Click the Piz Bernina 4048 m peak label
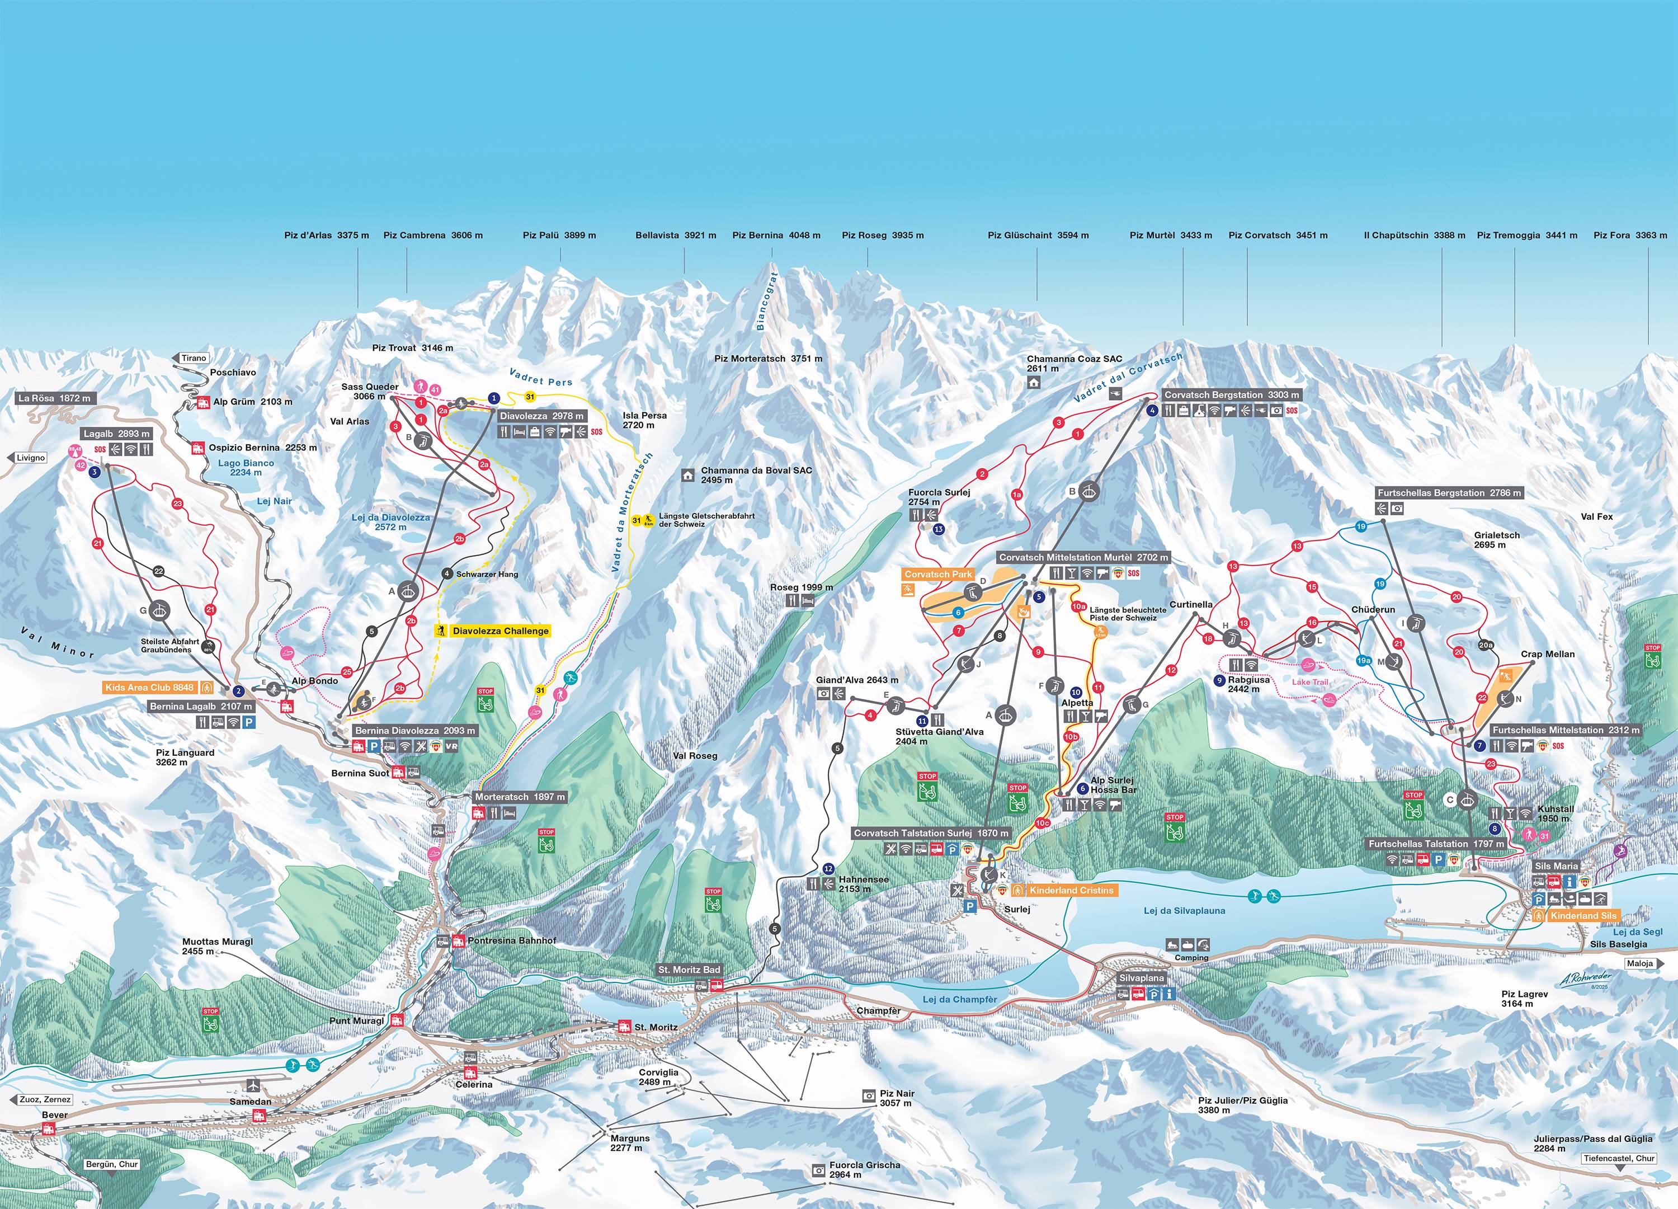click(776, 236)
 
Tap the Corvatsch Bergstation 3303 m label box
click(1231, 395)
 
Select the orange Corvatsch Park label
click(938, 574)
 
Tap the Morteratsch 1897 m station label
click(521, 797)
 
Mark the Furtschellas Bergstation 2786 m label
click(1449, 493)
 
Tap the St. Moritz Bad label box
click(689, 970)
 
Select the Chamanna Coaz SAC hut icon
click(1034, 383)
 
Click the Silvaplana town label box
click(1141, 978)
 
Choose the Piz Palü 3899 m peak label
click(559, 236)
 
